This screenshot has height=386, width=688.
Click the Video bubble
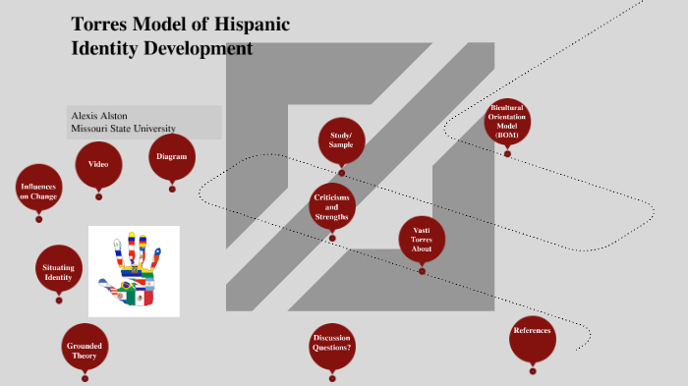98,164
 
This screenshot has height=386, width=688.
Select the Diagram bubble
172,157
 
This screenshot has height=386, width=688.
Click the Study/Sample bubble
341,139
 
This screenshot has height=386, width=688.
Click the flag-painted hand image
134,271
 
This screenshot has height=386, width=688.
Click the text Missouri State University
123,129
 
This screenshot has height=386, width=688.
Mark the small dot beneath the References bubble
533,370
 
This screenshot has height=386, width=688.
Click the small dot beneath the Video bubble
98,196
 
